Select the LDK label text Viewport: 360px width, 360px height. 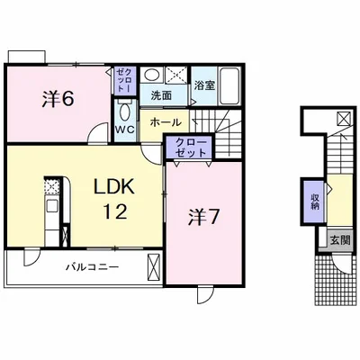tap(113, 187)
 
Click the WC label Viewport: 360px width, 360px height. tap(125, 130)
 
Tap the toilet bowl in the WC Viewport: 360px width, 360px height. tap(125, 112)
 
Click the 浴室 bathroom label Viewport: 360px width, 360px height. tap(204, 85)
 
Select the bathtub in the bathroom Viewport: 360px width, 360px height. tap(229, 86)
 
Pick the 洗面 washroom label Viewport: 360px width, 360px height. tap(161, 95)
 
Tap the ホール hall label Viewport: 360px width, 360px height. tap(166, 122)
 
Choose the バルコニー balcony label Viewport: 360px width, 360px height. tap(93, 266)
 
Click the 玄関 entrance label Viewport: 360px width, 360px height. tap(340, 240)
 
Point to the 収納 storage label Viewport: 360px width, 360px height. tap(315, 202)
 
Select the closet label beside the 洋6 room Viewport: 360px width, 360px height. tap(124, 80)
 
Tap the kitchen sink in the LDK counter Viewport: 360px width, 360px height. tap(52, 206)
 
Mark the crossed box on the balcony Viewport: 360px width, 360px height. tap(155, 267)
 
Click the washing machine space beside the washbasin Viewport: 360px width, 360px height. tap(176, 75)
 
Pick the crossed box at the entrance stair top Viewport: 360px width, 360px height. tap(343, 119)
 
